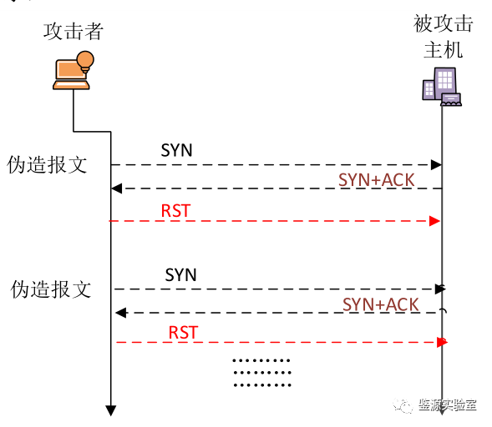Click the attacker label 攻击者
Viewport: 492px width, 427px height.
[x=74, y=32]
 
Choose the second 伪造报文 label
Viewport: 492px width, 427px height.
[x=50, y=289]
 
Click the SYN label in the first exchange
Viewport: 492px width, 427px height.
[x=176, y=150]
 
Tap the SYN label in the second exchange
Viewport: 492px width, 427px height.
[x=180, y=274]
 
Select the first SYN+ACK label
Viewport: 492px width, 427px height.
[x=376, y=179]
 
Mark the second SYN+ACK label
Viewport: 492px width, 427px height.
[x=380, y=304]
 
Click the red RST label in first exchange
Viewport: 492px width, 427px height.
[x=175, y=210]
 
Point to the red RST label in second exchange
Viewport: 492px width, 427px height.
[x=183, y=332]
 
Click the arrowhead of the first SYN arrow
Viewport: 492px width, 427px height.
[x=436, y=164]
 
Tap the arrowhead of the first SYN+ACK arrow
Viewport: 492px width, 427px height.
[x=117, y=188]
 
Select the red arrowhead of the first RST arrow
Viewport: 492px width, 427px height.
[x=434, y=220]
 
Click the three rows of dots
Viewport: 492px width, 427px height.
[x=261, y=373]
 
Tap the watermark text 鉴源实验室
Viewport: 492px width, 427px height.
[x=448, y=405]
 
